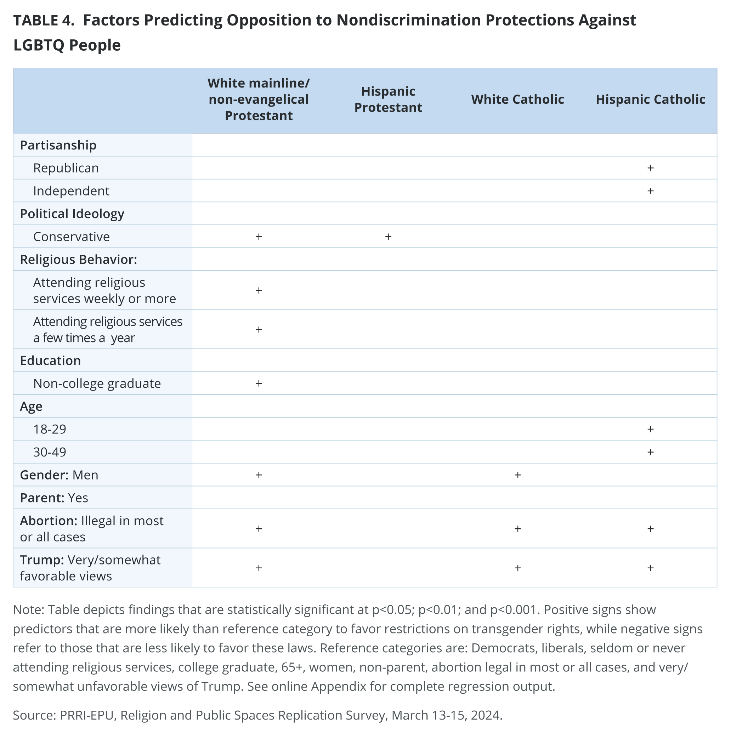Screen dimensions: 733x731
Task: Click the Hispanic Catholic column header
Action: [650, 100]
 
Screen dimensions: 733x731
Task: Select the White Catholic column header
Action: [517, 100]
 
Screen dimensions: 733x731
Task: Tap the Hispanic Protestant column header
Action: [388, 100]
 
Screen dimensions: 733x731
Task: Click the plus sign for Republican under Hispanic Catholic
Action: [650, 168]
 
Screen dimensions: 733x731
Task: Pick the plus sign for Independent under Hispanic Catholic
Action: [650, 191]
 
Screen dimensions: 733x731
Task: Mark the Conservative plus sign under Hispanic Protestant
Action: [388, 237]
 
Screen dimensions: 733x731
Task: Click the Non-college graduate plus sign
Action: [259, 383]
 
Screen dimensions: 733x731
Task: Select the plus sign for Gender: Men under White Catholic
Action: [517, 475]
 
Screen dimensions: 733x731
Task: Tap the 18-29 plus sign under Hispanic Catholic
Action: [650, 429]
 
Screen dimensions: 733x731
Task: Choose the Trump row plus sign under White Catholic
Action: [517, 568]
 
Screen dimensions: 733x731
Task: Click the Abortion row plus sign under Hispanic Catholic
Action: [650, 528]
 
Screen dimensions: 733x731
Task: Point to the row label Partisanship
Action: [58, 145]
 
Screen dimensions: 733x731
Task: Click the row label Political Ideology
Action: [72, 214]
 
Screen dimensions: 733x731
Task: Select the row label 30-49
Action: [50, 452]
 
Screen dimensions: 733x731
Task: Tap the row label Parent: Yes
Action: [54, 498]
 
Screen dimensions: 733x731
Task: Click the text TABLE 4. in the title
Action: [44, 21]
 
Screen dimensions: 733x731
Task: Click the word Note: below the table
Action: [29, 610]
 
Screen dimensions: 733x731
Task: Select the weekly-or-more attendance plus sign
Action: [259, 290]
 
